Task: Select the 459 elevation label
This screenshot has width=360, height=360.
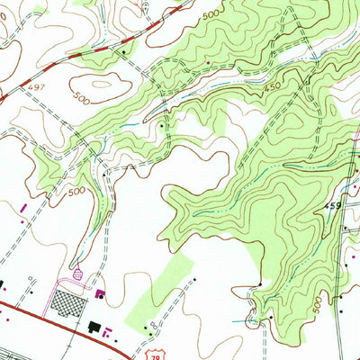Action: click(333, 206)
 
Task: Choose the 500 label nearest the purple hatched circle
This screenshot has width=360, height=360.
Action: click(76, 191)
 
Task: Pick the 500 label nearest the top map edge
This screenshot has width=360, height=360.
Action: click(210, 15)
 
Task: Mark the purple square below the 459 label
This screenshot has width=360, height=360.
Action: click(345, 229)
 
